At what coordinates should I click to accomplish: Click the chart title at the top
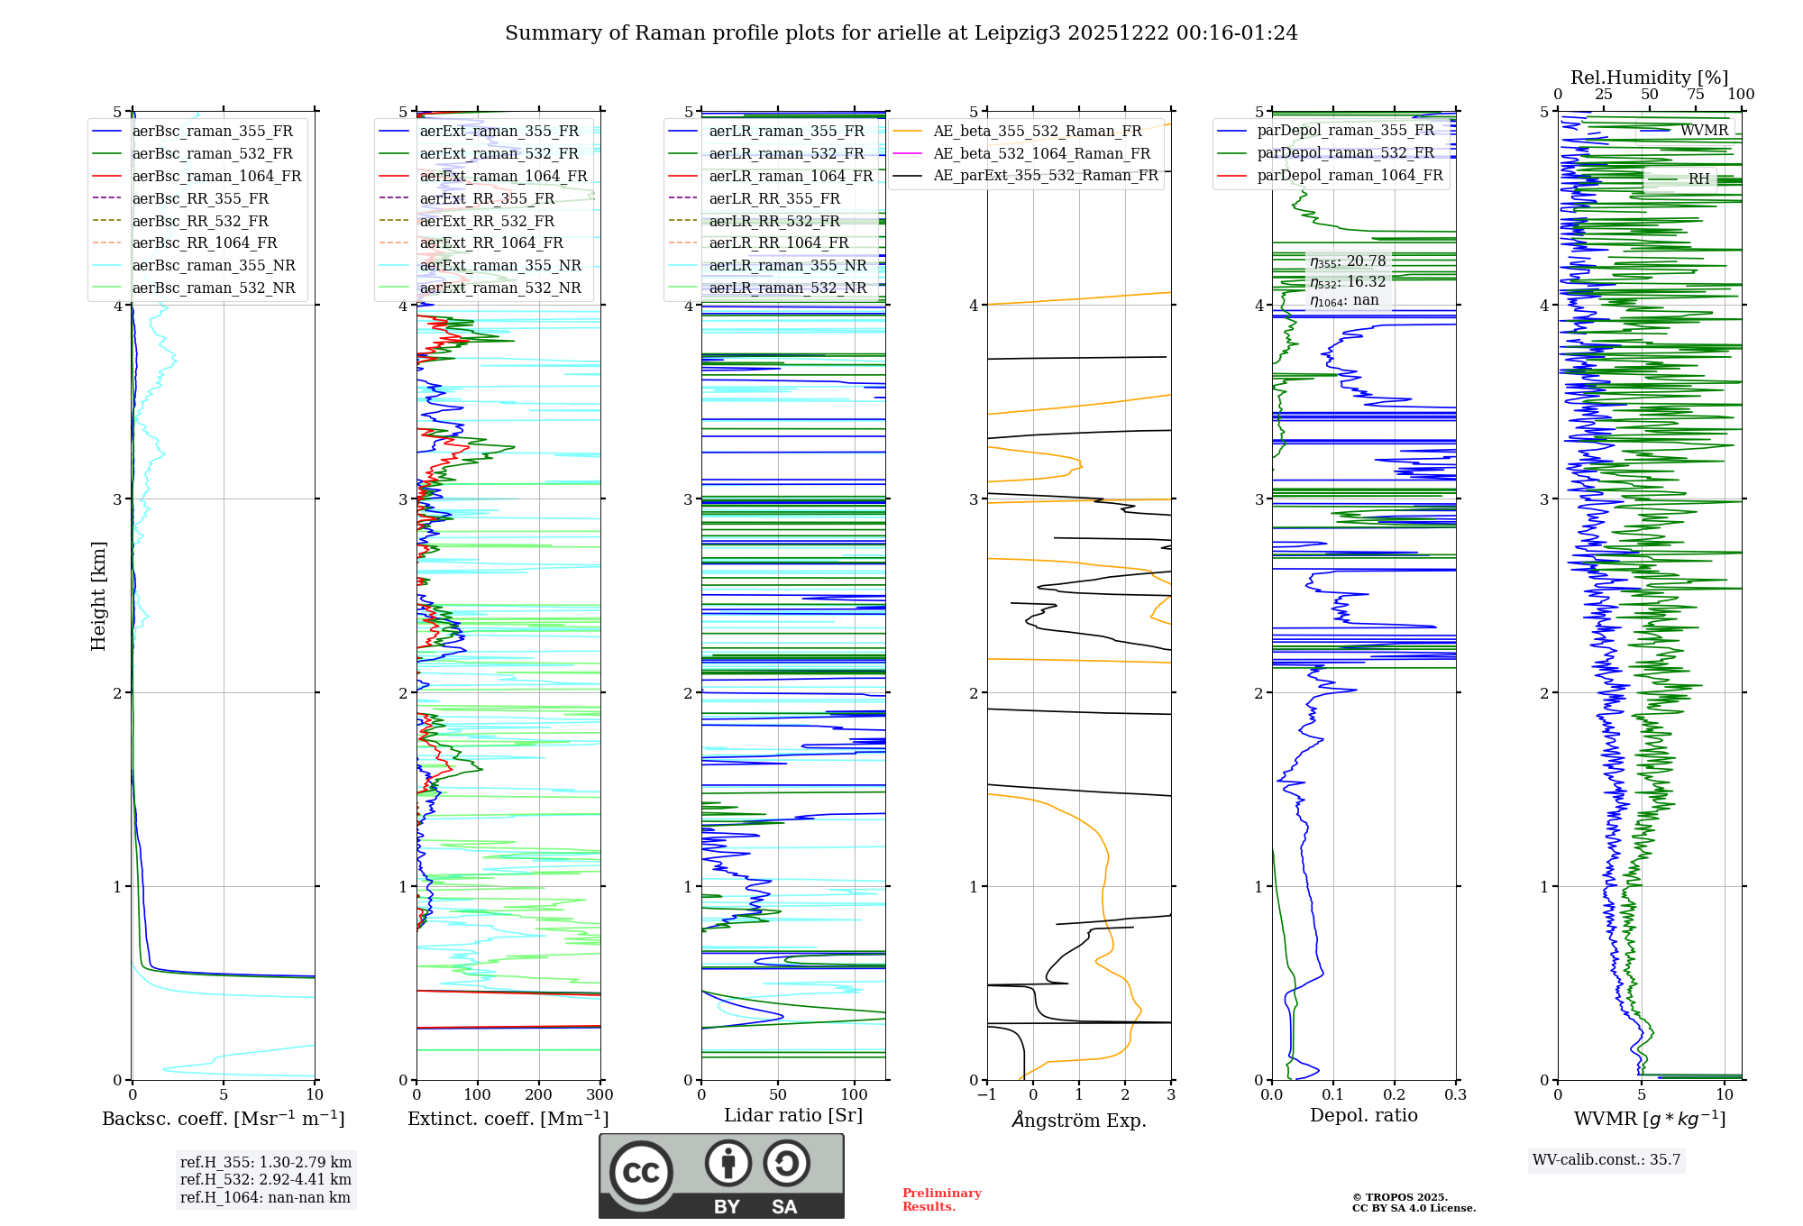[x=901, y=33]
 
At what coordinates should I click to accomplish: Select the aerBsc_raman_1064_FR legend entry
[x=197, y=176]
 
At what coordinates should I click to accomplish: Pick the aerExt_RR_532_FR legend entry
[x=467, y=221]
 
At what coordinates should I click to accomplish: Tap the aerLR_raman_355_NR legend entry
[x=767, y=265]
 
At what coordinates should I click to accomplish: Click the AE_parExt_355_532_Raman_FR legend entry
[x=1025, y=175]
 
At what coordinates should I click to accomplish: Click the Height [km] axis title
[x=98, y=596]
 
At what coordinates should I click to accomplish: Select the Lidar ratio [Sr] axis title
[x=793, y=1115]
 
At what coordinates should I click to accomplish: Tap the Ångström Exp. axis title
[x=1079, y=1120]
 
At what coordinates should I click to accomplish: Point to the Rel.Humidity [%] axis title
[x=1650, y=78]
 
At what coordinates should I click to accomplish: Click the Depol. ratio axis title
[x=1364, y=1115]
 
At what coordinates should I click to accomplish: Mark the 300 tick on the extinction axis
[x=600, y=1094]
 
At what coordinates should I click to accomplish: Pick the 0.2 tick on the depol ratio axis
[x=1395, y=1094]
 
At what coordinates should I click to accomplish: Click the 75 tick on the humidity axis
[x=1696, y=94]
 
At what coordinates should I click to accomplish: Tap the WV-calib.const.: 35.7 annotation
[x=1606, y=1159]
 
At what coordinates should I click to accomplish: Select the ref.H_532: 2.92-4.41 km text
[x=266, y=1179]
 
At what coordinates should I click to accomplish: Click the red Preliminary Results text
[x=942, y=1200]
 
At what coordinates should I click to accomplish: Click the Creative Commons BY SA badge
[x=721, y=1176]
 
